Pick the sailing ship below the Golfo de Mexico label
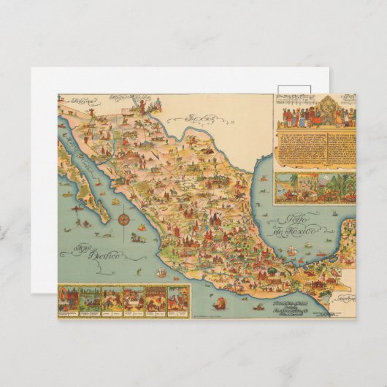292,251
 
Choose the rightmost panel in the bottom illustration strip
177,297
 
